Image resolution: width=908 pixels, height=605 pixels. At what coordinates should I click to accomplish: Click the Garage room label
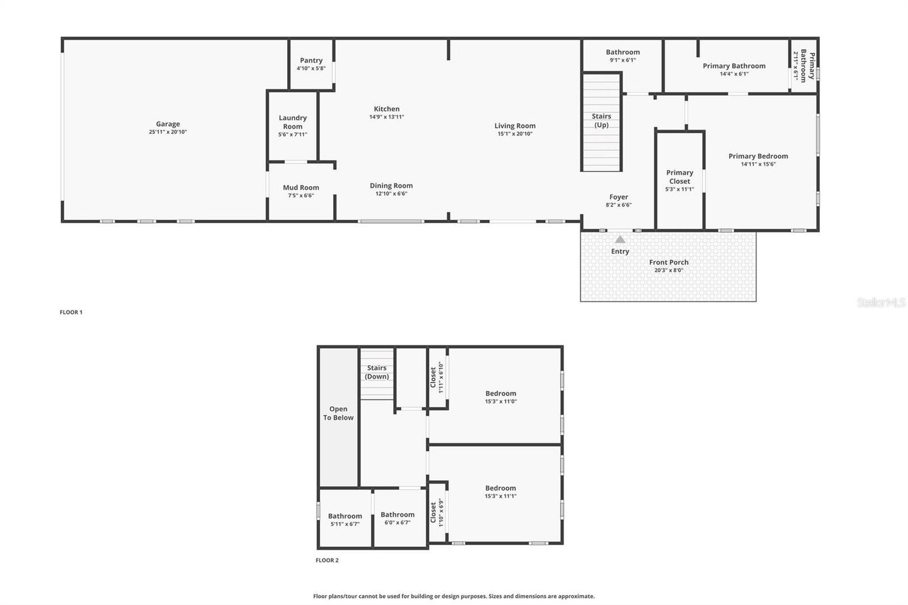(x=167, y=124)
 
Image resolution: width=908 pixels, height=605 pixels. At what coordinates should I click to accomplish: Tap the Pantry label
(x=311, y=60)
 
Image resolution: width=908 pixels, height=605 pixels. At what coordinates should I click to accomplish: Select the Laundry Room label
(x=293, y=122)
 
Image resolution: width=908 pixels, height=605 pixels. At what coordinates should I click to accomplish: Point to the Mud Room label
(x=301, y=187)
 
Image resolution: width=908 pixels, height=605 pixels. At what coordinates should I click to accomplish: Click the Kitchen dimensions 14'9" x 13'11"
(x=386, y=117)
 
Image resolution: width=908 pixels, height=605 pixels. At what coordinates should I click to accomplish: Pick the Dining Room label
(x=391, y=186)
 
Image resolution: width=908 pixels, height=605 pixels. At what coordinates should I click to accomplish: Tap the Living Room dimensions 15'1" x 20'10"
(x=515, y=134)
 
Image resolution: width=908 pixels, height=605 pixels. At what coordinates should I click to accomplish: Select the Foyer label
(x=619, y=197)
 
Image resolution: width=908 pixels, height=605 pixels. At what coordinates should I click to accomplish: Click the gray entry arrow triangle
(x=620, y=240)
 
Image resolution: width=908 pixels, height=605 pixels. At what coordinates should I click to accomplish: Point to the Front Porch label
(x=669, y=262)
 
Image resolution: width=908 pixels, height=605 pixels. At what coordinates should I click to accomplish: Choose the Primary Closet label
(x=679, y=177)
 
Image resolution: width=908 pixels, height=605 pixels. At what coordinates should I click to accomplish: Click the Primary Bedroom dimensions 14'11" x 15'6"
(x=758, y=165)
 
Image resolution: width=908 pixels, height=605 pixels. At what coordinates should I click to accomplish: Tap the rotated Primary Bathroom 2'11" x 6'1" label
(x=804, y=66)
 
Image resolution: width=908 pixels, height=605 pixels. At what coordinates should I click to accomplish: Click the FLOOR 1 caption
(x=71, y=312)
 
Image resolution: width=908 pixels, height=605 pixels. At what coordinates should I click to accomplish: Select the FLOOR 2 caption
(x=327, y=560)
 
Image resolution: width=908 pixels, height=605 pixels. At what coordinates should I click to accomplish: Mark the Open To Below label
(x=338, y=413)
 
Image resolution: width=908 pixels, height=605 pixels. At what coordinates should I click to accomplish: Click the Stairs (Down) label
(x=377, y=372)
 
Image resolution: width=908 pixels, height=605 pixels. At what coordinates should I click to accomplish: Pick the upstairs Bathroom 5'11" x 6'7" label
(x=344, y=516)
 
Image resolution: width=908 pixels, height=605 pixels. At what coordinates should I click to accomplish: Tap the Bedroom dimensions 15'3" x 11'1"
(x=501, y=496)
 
